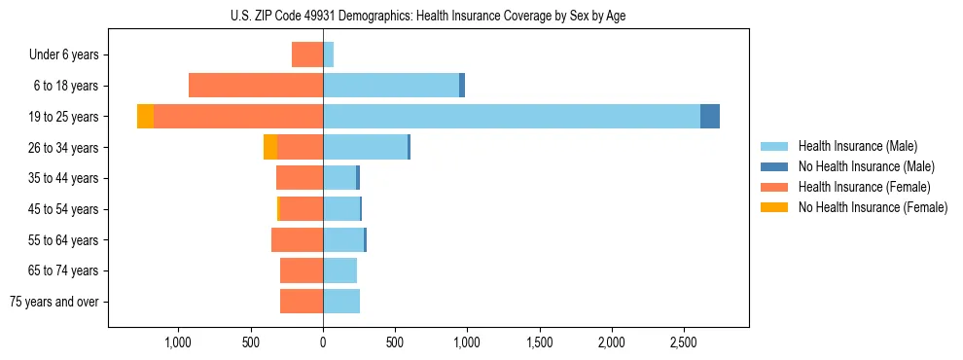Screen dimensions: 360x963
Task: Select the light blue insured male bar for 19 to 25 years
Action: point(511,117)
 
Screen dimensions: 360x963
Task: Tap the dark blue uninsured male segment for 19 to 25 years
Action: point(710,117)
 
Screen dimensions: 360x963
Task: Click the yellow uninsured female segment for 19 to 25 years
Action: point(145,117)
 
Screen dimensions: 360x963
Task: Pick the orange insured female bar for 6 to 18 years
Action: point(255,86)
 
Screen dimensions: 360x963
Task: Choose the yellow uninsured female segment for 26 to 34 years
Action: point(270,147)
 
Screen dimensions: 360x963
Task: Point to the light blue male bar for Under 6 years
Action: point(329,54)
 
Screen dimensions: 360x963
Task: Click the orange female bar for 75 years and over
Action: point(302,302)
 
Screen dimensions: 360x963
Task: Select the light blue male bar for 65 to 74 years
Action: point(340,270)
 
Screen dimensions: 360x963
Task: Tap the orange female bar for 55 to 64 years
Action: point(297,239)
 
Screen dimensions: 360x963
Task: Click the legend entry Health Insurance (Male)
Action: point(852,146)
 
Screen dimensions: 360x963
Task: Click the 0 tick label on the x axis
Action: point(323,342)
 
